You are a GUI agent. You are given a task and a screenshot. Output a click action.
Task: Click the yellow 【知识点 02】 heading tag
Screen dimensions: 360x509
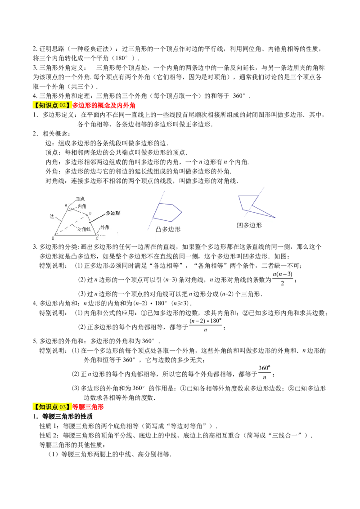point(52,106)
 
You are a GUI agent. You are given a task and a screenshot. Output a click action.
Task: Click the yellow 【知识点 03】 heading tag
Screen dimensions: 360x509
point(52,407)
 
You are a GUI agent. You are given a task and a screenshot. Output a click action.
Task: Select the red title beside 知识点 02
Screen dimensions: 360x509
point(104,106)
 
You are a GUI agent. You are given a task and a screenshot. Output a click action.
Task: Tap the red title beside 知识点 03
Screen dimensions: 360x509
point(89,407)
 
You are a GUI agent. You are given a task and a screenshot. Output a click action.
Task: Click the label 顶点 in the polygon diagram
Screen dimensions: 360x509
point(81,198)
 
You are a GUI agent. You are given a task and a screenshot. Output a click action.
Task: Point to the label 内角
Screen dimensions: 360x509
point(82,206)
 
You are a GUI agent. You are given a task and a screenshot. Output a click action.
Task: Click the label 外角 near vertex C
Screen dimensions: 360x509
point(104,228)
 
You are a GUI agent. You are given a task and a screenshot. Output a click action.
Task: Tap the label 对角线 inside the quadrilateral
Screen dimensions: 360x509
point(84,229)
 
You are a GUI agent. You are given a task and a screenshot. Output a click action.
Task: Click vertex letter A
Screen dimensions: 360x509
point(66,205)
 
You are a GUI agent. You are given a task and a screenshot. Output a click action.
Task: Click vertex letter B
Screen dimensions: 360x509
point(53,238)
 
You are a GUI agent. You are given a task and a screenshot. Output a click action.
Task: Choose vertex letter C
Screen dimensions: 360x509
point(97,238)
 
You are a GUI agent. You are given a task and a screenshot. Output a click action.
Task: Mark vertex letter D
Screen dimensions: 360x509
point(90,213)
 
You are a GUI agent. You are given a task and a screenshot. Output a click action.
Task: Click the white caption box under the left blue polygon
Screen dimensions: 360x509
point(175,232)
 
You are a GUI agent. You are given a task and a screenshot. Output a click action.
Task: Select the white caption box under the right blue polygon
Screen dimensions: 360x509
point(254,228)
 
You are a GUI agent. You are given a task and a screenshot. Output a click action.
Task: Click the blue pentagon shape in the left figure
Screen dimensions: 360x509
point(169,213)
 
